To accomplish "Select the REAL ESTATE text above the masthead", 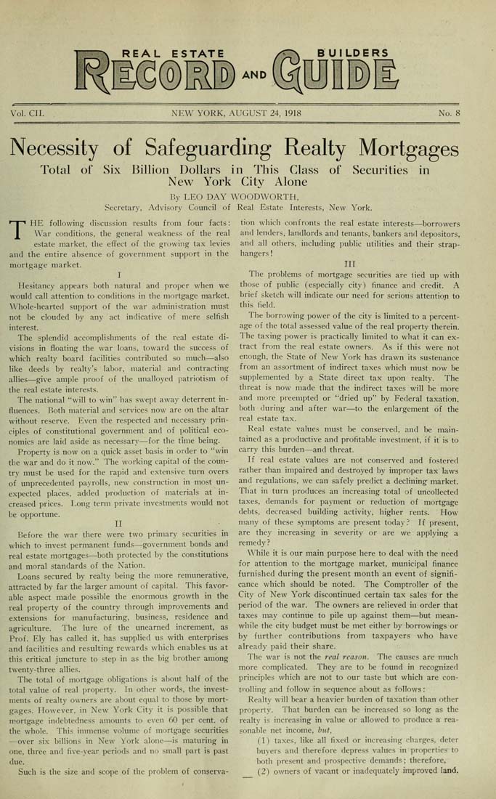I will click(174, 52).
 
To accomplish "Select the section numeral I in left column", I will click(118, 275).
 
